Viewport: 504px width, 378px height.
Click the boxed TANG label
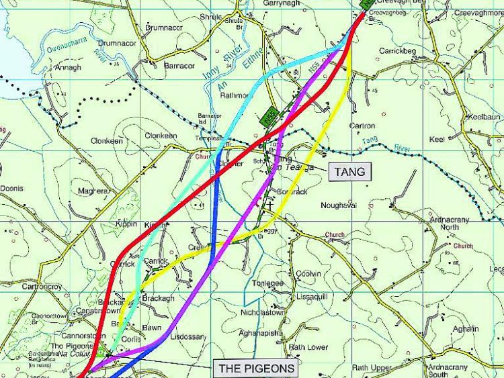(350, 172)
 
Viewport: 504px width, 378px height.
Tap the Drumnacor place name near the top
(165, 28)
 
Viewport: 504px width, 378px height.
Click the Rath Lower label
(308, 347)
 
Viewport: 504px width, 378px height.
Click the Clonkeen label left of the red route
(108, 142)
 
